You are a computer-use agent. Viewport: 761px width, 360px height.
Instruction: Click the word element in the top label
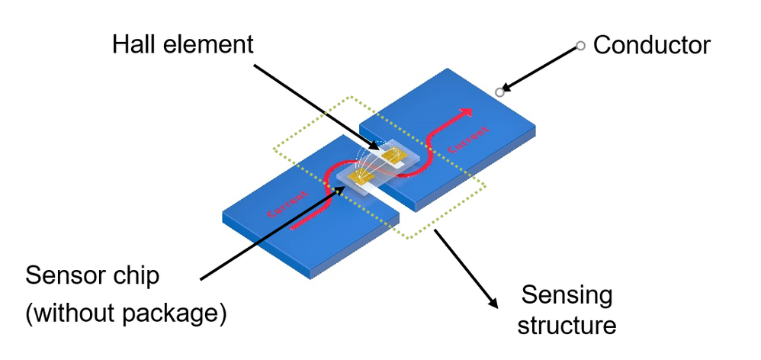[208, 44]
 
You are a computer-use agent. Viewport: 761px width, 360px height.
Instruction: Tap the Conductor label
[651, 46]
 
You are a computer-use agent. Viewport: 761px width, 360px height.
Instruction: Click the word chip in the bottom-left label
[136, 276]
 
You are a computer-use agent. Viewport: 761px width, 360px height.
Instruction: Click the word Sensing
[567, 294]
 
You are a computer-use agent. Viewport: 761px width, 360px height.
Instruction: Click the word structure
[567, 326]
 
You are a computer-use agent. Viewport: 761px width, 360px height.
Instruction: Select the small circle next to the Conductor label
[580, 47]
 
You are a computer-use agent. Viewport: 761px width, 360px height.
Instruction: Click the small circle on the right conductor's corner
[499, 92]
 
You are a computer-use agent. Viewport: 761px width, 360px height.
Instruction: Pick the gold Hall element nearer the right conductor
[394, 156]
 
